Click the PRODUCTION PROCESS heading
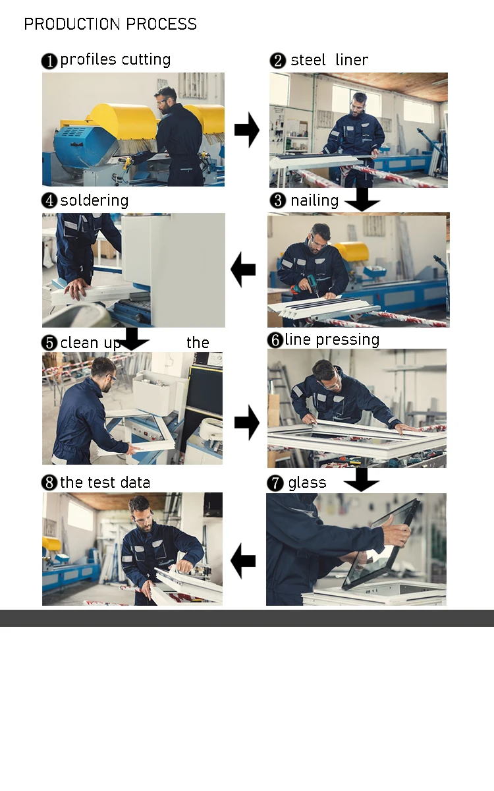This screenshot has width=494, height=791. click(x=110, y=24)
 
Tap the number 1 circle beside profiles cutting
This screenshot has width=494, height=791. click(x=49, y=61)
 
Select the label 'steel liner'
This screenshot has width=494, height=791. click(x=329, y=60)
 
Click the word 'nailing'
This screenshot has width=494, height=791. click(x=314, y=200)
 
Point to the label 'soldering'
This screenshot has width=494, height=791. click(x=94, y=200)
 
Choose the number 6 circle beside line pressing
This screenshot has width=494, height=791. click(x=275, y=340)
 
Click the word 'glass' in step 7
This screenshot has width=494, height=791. click(x=307, y=483)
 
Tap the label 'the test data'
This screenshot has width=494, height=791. click(x=105, y=483)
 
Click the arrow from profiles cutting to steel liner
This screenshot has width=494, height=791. click(x=247, y=130)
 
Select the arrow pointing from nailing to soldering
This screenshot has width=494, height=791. click(x=243, y=270)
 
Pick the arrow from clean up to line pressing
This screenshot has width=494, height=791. click(x=247, y=423)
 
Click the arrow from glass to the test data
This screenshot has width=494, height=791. click(x=243, y=561)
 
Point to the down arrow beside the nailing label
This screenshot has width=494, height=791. click(x=362, y=200)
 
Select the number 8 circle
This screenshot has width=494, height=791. click(x=49, y=483)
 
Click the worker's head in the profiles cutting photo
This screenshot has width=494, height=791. click(x=165, y=100)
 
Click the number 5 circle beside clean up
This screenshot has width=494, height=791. click(x=49, y=343)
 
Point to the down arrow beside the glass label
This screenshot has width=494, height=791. click(x=362, y=480)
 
